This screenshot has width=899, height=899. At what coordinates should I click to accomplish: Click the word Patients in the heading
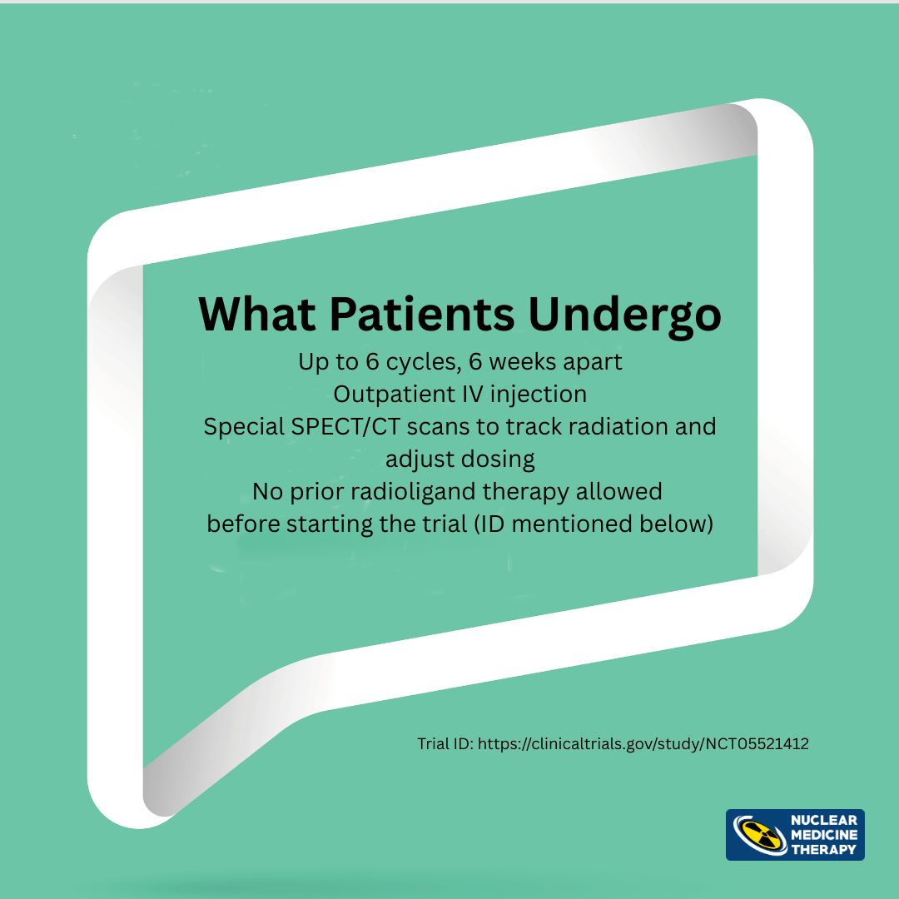tap(421, 314)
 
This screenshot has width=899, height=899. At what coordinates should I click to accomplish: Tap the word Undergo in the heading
tap(624, 316)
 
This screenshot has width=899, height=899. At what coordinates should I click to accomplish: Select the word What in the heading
tap(256, 314)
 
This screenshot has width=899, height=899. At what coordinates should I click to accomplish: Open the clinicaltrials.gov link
tap(643, 744)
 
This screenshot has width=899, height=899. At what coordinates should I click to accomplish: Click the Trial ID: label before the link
tap(445, 743)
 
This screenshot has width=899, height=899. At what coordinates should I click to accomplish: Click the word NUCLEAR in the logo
tap(824, 821)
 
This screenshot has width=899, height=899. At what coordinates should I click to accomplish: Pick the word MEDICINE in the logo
tap(824, 835)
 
